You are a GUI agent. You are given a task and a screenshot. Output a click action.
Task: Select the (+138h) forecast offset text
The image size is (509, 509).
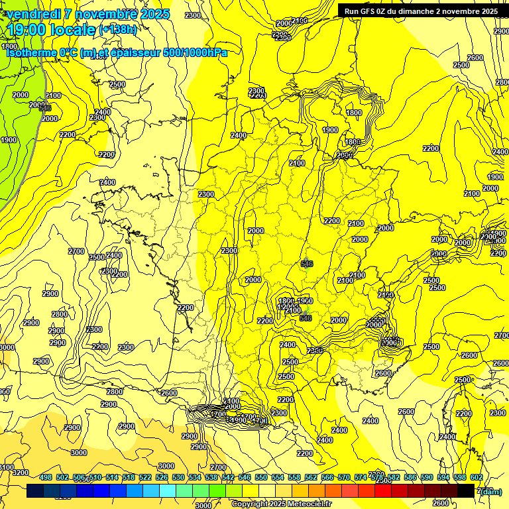118,30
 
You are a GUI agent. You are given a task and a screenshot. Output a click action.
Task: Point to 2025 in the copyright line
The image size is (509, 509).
273,504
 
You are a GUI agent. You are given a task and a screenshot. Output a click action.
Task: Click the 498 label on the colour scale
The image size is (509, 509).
46,477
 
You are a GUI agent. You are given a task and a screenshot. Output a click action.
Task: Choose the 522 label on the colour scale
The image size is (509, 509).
145,477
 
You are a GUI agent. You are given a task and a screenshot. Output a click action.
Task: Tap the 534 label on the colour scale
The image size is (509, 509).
195,477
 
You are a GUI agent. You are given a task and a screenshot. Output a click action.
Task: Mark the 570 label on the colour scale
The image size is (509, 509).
344,477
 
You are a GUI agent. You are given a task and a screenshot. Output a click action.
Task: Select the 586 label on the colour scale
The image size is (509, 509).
410,477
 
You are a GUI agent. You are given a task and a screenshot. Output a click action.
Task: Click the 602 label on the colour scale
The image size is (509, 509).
477,477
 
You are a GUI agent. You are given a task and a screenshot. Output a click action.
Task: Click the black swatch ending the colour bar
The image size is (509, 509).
466,491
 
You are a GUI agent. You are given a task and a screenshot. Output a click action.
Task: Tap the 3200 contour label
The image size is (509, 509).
21,473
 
